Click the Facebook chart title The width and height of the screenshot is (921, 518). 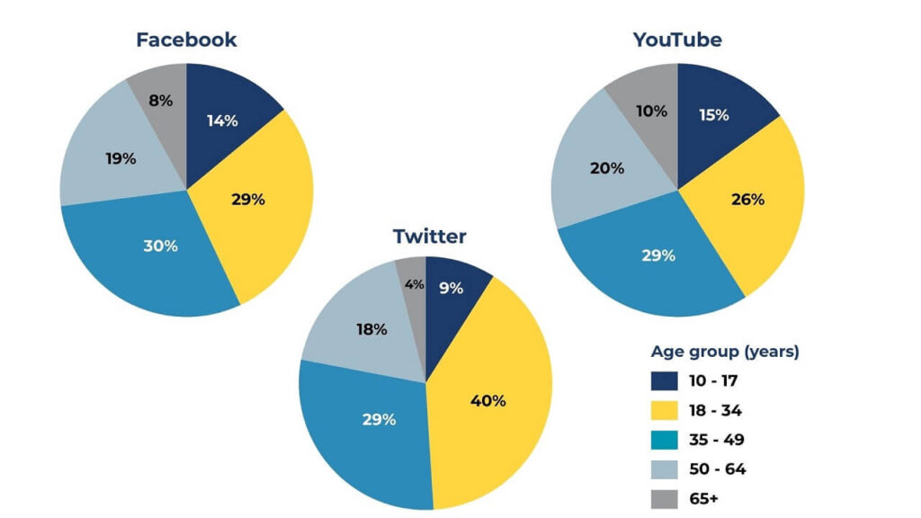[186, 40]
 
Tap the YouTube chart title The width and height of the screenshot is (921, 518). [677, 40]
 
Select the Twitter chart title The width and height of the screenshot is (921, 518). [429, 237]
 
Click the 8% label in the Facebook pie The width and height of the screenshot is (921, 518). [160, 101]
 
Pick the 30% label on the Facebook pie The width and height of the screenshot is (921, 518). [160, 246]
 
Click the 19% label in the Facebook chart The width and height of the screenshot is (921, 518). [120, 158]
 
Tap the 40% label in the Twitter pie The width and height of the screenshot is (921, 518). [488, 400]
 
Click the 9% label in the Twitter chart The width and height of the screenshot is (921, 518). [451, 288]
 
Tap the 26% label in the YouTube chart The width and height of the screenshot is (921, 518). [747, 199]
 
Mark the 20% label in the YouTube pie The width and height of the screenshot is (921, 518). [607, 168]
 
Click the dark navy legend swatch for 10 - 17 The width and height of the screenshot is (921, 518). [665, 380]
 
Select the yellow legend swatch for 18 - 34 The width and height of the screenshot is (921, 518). [665, 410]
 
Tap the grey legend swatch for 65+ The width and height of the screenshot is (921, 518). [665, 498]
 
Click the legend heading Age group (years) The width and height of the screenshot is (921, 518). [724, 352]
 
